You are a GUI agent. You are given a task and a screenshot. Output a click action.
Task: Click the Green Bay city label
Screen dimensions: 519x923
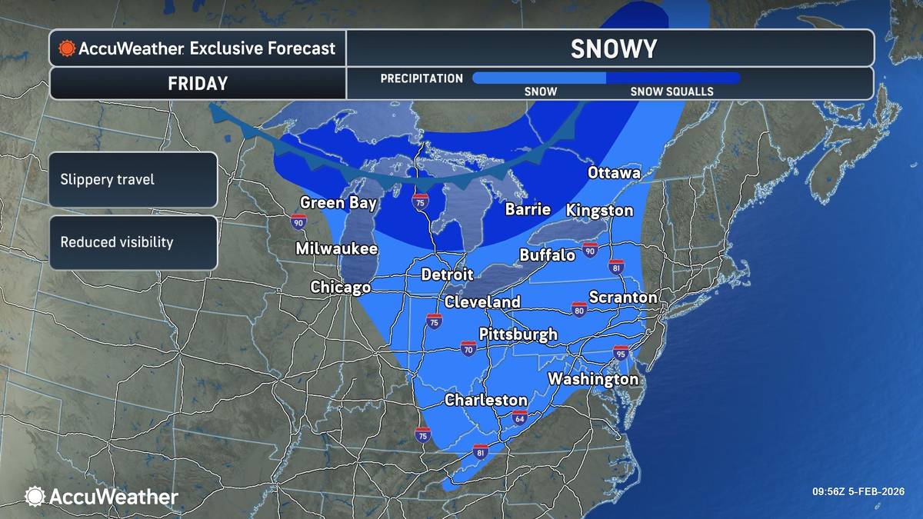(338, 203)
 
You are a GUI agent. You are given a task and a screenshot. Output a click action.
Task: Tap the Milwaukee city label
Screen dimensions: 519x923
(337, 249)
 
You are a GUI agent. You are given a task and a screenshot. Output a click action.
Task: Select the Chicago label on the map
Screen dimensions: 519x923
(340, 288)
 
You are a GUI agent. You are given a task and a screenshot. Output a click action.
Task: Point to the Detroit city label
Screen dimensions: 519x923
(447, 274)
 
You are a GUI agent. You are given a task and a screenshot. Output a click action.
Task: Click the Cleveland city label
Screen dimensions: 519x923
(482, 302)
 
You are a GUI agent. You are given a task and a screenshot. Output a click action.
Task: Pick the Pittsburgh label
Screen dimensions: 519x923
(518, 334)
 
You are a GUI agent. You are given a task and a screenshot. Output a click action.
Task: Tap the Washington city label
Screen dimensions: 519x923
(593, 379)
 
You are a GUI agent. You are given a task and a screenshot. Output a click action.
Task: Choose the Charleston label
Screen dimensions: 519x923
(486, 401)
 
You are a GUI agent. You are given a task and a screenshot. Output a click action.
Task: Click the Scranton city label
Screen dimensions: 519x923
(623, 297)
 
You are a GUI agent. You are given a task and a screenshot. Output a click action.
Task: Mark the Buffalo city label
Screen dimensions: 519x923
(548, 255)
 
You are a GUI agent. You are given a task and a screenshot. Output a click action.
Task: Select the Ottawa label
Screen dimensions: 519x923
(614, 173)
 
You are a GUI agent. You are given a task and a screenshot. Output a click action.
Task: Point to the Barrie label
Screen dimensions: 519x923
(528, 209)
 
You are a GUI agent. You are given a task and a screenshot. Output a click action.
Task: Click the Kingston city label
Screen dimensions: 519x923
(600, 210)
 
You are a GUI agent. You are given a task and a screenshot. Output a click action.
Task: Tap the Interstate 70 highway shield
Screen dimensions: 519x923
(468, 348)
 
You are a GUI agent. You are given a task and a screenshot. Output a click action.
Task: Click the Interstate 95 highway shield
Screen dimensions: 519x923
(621, 353)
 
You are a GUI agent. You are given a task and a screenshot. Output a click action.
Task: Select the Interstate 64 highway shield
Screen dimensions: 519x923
(519, 418)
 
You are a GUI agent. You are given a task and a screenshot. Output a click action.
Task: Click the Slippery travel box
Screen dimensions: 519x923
(132, 179)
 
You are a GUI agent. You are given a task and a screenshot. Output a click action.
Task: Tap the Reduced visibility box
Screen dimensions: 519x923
(132, 242)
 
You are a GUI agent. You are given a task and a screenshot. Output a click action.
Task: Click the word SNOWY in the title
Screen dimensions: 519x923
(613, 49)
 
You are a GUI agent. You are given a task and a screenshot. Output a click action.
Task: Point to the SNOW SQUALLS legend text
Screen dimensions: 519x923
(671, 91)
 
